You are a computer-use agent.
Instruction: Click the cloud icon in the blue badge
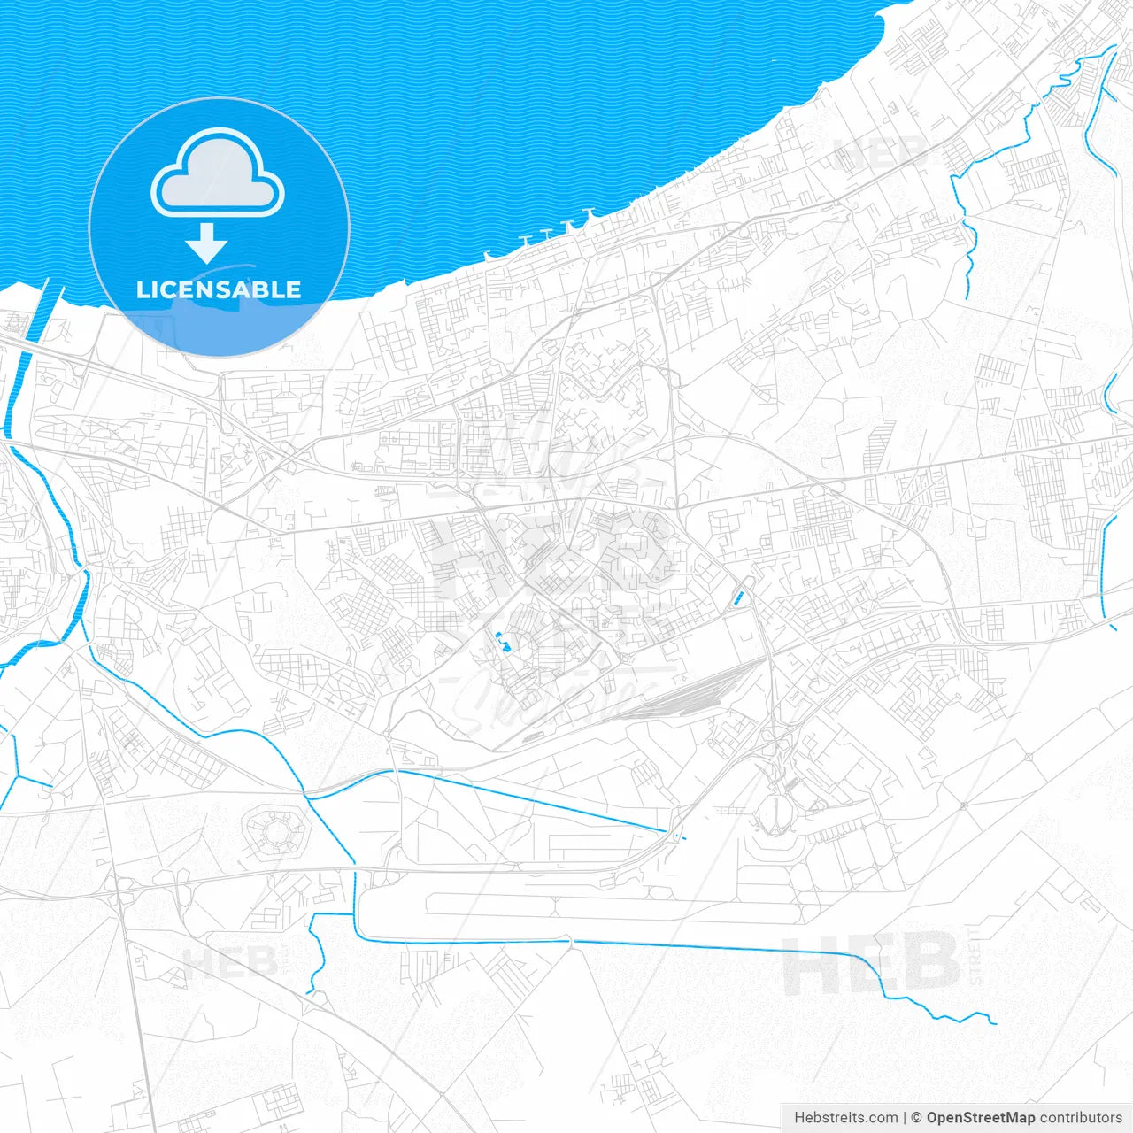pyautogui.click(x=218, y=174)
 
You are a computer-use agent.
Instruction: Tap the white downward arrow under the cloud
pyautogui.click(x=207, y=243)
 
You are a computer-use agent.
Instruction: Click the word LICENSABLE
pyautogui.click(x=219, y=289)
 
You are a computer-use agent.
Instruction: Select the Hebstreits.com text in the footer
pyautogui.click(x=846, y=1118)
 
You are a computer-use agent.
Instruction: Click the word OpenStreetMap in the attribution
pyautogui.click(x=981, y=1118)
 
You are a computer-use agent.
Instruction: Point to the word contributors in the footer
pyautogui.click(x=1081, y=1118)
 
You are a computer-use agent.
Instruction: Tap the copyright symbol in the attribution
pyautogui.click(x=917, y=1118)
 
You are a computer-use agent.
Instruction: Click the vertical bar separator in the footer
pyautogui.click(x=905, y=1118)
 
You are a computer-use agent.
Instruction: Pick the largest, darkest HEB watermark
pyautogui.click(x=870, y=964)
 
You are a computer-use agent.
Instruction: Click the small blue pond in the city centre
pyautogui.click(x=502, y=643)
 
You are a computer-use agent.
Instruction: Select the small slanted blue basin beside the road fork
pyautogui.click(x=739, y=598)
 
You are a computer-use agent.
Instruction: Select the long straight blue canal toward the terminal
pyautogui.click(x=531, y=801)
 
